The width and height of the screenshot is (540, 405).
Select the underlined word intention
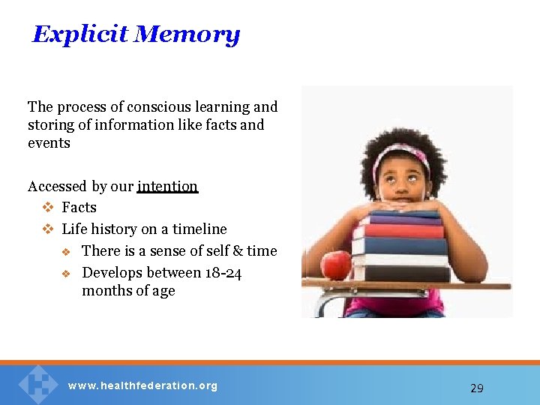click(167, 186)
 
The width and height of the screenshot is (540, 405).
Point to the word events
click(49, 143)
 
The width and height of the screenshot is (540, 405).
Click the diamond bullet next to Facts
click(47, 208)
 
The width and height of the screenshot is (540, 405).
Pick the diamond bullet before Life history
click(47, 229)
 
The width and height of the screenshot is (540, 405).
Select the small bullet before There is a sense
click(66, 251)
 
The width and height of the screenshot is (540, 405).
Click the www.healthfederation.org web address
click(142, 386)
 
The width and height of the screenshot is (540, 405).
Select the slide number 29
click(476, 388)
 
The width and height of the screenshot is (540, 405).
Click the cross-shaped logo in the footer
click(37, 383)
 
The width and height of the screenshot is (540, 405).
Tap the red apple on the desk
click(335, 265)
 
